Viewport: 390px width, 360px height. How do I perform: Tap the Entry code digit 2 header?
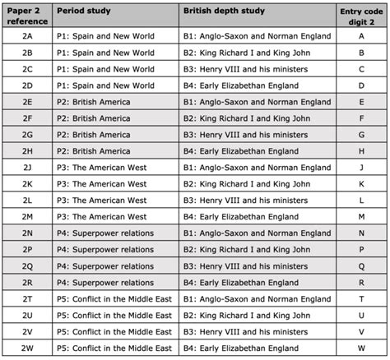click(361, 16)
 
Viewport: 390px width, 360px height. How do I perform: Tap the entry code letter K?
click(361, 183)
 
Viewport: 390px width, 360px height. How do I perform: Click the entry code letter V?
click(361, 331)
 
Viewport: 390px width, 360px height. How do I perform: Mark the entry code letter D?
click(361, 85)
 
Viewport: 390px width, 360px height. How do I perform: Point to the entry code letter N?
click(361, 233)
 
